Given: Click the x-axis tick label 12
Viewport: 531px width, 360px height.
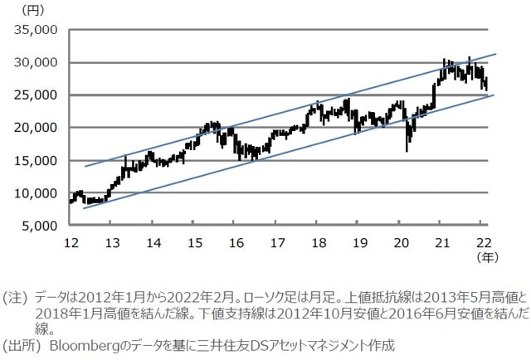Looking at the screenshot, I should [x=71, y=242].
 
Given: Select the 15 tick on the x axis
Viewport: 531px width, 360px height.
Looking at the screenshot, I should [x=195, y=242].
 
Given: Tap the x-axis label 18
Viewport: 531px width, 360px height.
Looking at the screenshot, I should [x=319, y=242].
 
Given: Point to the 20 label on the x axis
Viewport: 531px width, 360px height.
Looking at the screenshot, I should [x=401, y=242].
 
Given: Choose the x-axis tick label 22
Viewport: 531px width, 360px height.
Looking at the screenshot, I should [x=483, y=242].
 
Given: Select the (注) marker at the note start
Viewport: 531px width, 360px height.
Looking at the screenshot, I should [x=14, y=294].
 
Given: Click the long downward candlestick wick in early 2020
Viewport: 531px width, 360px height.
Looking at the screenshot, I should [x=407, y=141].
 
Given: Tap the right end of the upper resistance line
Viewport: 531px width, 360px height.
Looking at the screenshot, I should [x=495, y=55].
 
